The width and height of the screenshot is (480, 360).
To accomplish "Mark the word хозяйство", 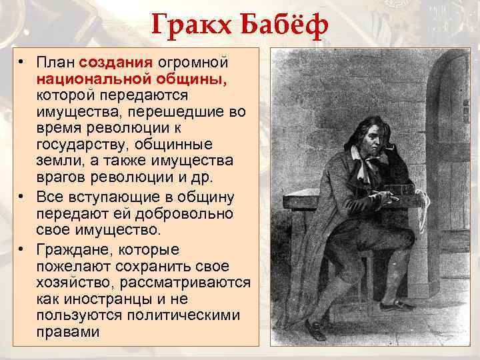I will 75,282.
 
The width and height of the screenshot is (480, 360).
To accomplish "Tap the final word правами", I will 67,331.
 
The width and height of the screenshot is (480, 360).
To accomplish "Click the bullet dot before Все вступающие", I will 22,198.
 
